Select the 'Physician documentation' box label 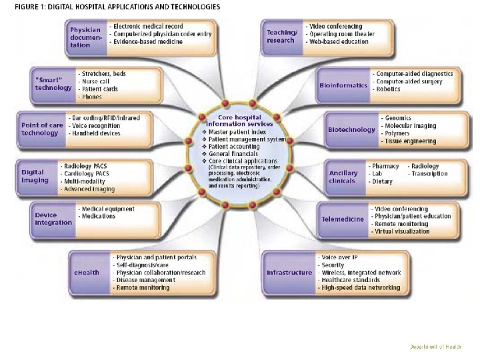[x=85, y=37]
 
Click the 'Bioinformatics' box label [x=343, y=85]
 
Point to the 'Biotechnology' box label [x=351, y=129]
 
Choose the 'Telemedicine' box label [x=343, y=219]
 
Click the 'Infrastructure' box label [x=289, y=273]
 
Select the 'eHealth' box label [x=87, y=272]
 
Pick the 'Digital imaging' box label [x=35, y=176]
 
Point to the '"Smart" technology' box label [x=53, y=84]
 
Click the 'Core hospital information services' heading [x=239, y=121]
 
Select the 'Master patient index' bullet [x=237, y=132]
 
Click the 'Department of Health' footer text [x=435, y=347]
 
